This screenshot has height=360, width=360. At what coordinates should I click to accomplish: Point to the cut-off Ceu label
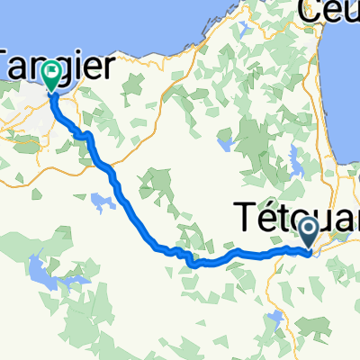click(328, 13)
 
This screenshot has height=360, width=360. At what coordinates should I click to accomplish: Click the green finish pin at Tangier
click(52, 76)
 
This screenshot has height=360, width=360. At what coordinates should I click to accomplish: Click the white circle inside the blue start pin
click(309, 229)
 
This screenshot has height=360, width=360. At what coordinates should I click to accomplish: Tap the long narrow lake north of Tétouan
click(295, 167)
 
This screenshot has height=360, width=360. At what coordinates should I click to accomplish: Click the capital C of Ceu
click(311, 13)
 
